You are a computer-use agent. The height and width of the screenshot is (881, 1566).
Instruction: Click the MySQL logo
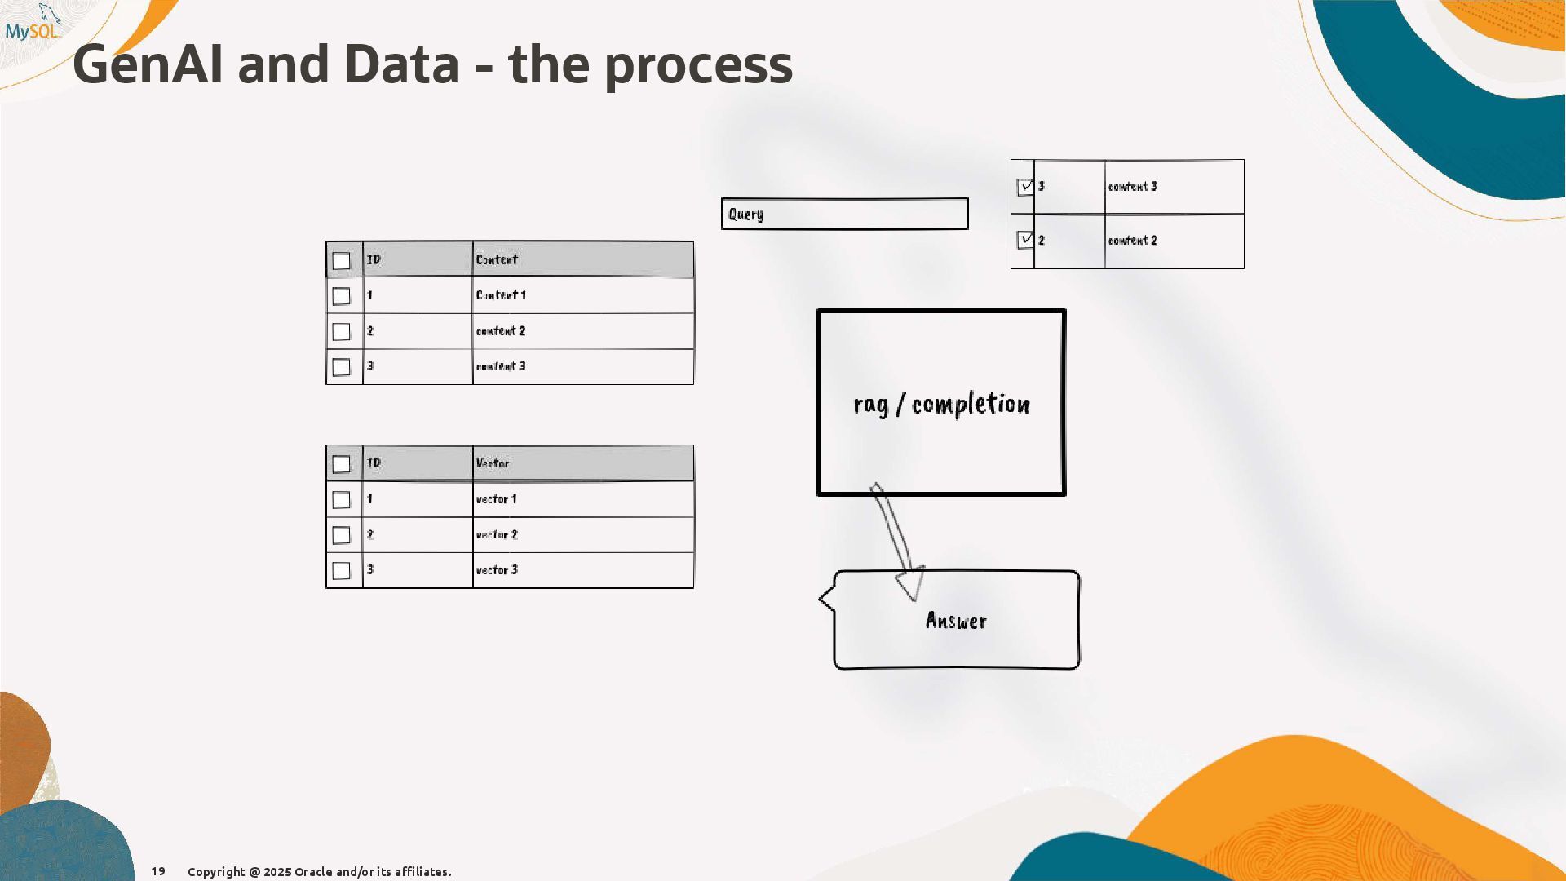point(33,24)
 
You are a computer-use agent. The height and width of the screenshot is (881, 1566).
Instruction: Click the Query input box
point(844,214)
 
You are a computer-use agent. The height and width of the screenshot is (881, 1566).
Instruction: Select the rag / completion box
point(941,403)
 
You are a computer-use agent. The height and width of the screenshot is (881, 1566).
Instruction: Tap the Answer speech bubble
point(956,621)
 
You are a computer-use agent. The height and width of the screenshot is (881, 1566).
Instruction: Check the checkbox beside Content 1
point(342,296)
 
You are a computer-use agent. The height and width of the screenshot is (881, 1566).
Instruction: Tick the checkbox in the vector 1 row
point(342,499)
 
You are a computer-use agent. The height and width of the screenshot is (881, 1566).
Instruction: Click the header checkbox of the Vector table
point(342,464)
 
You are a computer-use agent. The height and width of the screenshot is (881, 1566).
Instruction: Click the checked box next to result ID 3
point(1025,187)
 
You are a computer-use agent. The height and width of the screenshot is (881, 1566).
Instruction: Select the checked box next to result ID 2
point(1025,240)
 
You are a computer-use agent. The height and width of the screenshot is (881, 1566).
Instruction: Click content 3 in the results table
point(1132,187)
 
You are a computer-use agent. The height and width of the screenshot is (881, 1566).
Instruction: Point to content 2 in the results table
point(1132,241)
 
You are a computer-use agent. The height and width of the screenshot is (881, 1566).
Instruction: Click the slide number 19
point(158,871)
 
